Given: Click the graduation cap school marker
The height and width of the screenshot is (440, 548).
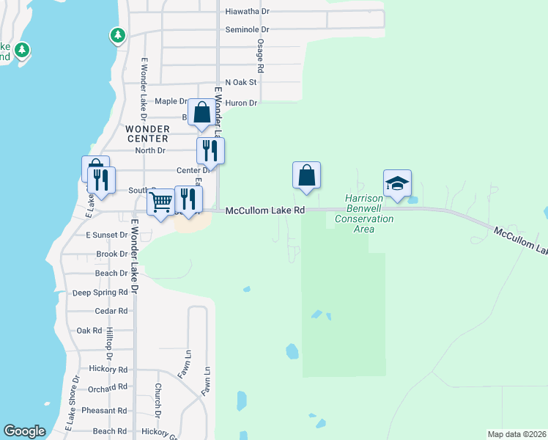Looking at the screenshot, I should (x=397, y=184).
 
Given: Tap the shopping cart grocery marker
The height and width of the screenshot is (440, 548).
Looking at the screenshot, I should (x=160, y=202).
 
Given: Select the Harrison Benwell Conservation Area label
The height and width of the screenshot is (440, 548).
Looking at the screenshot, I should (x=364, y=213).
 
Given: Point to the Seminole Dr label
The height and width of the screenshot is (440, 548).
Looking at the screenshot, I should (x=248, y=30).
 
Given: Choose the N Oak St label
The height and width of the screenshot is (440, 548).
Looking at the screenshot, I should (x=241, y=83).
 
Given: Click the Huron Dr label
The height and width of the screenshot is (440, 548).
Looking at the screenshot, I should (x=242, y=103).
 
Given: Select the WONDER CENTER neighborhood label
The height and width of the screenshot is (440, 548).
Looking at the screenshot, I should (x=147, y=133).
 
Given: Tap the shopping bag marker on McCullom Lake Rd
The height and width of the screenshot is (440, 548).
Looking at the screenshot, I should (x=306, y=176).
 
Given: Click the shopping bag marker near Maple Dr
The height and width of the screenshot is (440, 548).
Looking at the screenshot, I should (x=201, y=114).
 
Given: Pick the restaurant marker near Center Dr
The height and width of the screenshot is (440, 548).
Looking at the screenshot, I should (x=210, y=151).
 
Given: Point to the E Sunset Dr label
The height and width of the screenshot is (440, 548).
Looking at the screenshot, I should (x=107, y=235).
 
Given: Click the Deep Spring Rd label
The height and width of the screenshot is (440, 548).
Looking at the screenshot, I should (x=100, y=293).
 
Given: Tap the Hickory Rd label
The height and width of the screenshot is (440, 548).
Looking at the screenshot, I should (x=108, y=370).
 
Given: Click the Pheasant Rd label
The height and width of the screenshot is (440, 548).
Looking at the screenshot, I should (x=105, y=411).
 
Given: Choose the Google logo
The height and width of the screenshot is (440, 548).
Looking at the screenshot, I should (x=25, y=431).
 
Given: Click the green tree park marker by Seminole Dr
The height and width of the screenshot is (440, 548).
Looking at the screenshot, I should (x=117, y=34).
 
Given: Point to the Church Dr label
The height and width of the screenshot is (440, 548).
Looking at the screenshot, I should (x=158, y=397).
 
